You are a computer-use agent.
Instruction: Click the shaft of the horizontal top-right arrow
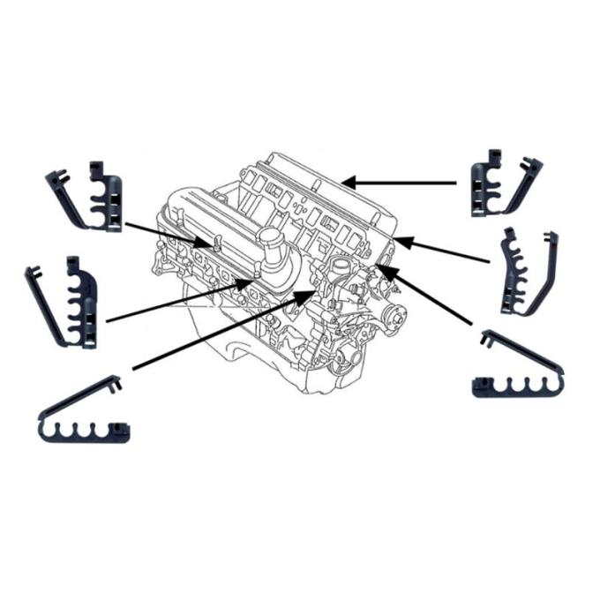[x=406, y=183]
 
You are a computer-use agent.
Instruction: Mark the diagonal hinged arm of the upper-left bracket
[x=64, y=199]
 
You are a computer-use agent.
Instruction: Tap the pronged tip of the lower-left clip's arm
[x=115, y=382]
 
